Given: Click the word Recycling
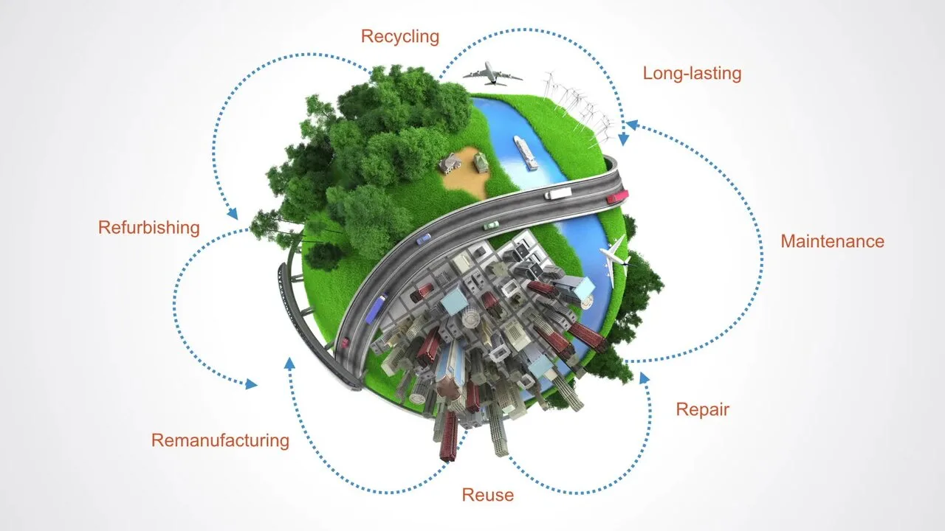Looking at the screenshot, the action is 400,37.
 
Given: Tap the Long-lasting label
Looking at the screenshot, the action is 692,73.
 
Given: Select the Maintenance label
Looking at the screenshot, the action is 832,241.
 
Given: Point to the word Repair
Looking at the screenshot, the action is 702,409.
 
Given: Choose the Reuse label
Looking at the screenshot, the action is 488,495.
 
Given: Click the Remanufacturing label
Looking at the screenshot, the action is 220,440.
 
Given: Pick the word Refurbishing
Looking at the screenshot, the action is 149,228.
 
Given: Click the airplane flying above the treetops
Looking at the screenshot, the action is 492,74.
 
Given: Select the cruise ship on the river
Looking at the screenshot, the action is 526,153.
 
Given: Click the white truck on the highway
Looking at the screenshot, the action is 557,193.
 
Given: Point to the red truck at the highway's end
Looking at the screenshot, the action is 618,196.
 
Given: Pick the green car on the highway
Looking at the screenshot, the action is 491,226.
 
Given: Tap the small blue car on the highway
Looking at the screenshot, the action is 424,239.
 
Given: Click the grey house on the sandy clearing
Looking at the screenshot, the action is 450,163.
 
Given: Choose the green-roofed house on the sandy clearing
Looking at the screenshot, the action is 481,162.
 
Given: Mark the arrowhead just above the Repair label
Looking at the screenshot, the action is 644,378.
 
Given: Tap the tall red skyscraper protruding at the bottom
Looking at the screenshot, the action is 448,436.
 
